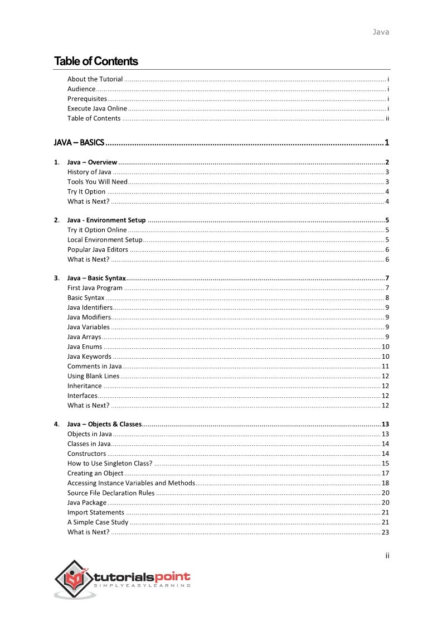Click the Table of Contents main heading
[96, 61]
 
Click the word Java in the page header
[381, 32]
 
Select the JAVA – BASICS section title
[79, 142]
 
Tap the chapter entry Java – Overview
[92, 162]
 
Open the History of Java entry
[89, 172]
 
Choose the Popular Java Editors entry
[98, 249]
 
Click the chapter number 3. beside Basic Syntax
[57, 278]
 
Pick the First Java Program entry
[95, 288]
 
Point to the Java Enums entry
[85, 346]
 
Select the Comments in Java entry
[94, 366]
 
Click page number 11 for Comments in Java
[385, 366]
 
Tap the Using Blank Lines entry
[93, 376]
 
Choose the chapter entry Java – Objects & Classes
[104, 424]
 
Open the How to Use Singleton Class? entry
[110, 463]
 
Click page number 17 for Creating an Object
[385, 473]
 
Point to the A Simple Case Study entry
[98, 522]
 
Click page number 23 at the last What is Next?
[385, 532]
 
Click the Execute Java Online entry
[97, 108]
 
